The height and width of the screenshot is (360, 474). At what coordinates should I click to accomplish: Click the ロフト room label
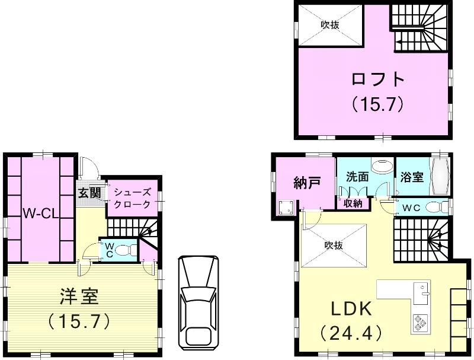tap(377, 79)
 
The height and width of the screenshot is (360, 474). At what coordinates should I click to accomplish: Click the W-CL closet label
tap(40, 213)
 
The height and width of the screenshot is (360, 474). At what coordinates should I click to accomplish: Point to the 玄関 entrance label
tap(89, 193)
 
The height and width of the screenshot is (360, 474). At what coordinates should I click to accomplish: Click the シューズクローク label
tap(133, 198)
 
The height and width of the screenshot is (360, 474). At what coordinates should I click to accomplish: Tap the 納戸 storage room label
tap(307, 183)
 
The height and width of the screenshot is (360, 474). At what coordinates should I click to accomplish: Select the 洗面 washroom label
tap(357, 177)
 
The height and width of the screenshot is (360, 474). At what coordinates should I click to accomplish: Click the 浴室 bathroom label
tap(412, 177)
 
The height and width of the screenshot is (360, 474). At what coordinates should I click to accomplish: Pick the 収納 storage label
tap(354, 203)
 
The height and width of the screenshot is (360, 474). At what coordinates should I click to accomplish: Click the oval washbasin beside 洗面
tap(382, 164)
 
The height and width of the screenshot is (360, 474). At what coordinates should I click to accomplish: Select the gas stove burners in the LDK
tap(419, 322)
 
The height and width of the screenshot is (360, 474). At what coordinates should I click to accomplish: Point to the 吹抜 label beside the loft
tap(329, 25)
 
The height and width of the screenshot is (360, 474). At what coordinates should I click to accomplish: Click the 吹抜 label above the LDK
tap(334, 243)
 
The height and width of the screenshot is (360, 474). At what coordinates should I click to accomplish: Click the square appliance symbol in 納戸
tap(287, 207)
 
